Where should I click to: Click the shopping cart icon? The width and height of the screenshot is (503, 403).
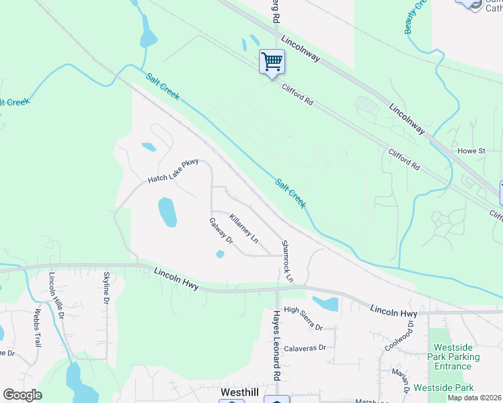point(272,62)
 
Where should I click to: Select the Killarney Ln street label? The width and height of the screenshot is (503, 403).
point(243,228)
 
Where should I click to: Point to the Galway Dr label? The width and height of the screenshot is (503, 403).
point(221,231)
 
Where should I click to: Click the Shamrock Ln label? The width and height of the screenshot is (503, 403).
point(288,261)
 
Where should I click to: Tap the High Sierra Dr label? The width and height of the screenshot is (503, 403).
point(303,318)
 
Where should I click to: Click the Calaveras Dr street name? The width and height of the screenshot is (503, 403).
point(305,348)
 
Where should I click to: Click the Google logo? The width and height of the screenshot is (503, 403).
point(22,395)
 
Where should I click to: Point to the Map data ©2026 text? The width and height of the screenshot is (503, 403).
point(475,398)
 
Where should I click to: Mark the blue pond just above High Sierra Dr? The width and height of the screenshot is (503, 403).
point(325,304)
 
